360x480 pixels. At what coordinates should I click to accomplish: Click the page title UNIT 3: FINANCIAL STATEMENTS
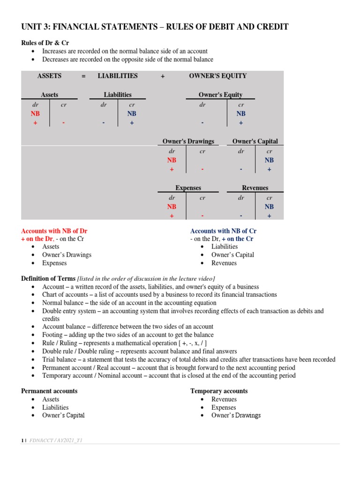point(155,27)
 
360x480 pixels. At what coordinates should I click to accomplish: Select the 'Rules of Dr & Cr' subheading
point(45,43)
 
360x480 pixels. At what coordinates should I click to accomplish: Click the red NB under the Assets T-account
point(36,113)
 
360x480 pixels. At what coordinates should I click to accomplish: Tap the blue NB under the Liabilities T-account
point(132,113)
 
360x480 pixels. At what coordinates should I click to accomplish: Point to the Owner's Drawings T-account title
point(188,141)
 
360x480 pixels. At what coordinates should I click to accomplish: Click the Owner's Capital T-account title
point(255,141)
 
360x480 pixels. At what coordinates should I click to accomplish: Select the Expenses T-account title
point(188,187)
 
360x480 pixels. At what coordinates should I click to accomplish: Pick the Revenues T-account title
point(255,187)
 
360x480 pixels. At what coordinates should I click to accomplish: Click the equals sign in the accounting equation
point(83,76)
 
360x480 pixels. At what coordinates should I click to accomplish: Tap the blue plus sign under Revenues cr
point(269,216)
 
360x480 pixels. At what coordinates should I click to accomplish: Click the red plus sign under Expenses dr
point(172,216)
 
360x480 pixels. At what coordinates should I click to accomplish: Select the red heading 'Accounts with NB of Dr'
point(54,231)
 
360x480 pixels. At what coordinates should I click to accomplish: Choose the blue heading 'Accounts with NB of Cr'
point(223,231)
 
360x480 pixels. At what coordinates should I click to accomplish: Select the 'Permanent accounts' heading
point(50,391)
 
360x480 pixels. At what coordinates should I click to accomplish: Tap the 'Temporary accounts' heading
point(219,391)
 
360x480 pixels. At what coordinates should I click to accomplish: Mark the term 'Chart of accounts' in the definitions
point(66,294)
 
